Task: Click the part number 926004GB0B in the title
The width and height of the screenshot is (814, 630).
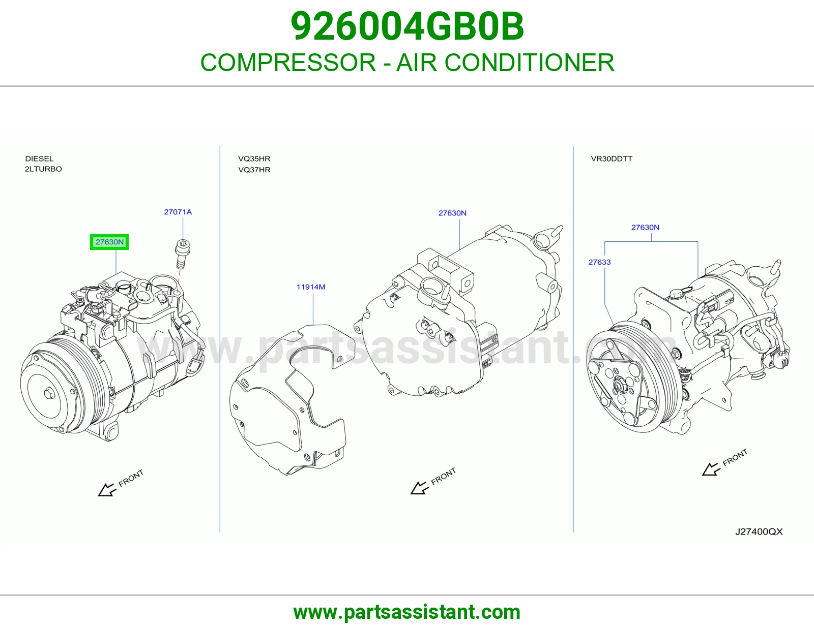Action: click(407, 26)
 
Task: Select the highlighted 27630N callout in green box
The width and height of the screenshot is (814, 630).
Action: click(109, 242)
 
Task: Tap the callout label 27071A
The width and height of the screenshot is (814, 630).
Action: click(178, 212)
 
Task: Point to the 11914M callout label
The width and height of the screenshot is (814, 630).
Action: click(311, 287)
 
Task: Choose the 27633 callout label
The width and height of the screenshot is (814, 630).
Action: click(599, 262)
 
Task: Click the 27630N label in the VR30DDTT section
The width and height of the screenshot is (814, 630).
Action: click(646, 228)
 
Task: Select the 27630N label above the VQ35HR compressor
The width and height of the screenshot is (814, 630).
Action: click(452, 213)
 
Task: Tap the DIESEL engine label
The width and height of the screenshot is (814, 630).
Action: click(39, 159)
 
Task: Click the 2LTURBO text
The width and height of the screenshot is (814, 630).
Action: click(43, 169)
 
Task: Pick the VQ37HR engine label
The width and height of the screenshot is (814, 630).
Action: click(254, 170)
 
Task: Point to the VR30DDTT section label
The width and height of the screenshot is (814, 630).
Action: click(612, 159)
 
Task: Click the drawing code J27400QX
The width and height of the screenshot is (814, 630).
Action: click(759, 532)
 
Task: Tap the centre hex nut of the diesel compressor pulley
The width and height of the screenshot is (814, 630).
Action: click(48, 394)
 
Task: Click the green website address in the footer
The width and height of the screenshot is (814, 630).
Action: click(407, 612)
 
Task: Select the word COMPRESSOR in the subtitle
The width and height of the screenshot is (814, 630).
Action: click(288, 62)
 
